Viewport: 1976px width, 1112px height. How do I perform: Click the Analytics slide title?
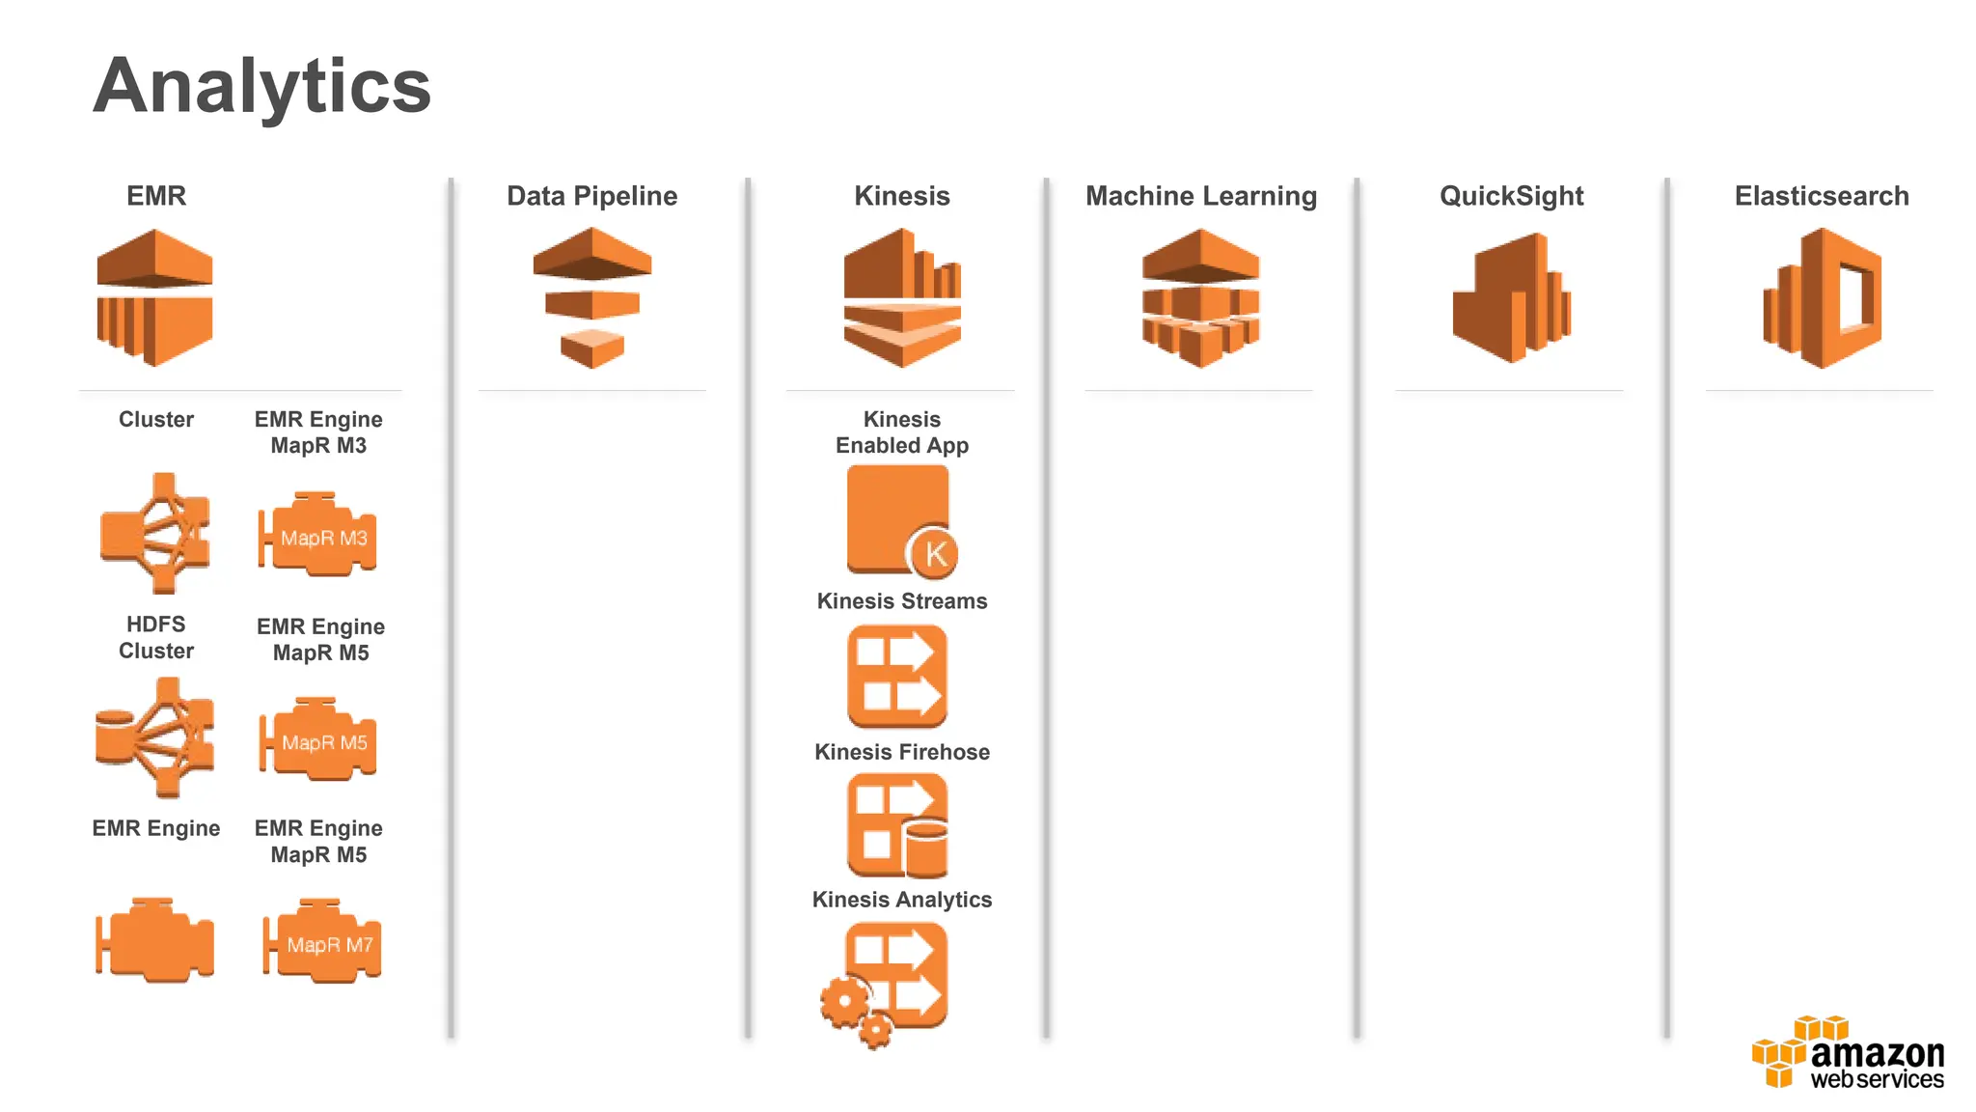coord(261,87)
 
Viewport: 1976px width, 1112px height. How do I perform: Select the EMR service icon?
coord(154,297)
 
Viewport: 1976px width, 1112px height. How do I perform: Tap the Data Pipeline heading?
coord(591,196)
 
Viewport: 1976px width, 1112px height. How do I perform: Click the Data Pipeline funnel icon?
coord(591,297)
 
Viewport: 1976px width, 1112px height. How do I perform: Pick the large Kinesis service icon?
coord(902,297)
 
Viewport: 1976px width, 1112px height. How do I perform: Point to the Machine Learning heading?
coord(1200,196)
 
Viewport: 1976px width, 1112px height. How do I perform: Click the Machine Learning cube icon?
coord(1200,297)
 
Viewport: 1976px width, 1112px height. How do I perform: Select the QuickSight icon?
coord(1511,297)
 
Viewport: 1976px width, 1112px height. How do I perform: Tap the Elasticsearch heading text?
coord(1821,196)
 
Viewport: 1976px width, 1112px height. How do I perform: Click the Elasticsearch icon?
coord(1822,297)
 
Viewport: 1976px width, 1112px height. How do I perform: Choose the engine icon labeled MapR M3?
coord(318,536)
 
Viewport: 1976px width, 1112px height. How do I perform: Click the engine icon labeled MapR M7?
coord(322,943)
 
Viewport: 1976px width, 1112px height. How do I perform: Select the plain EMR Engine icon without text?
coord(154,941)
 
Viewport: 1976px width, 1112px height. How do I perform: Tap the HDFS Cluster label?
coord(155,637)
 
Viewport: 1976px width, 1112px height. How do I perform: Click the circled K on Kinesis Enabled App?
coord(933,554)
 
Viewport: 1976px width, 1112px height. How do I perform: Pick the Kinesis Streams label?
coord(902,601)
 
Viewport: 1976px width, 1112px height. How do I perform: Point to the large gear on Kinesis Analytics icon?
coord(844,1002)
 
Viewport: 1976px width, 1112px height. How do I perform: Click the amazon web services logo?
coord(1847,1054)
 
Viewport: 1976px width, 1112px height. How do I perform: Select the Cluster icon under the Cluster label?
coord(155,533)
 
